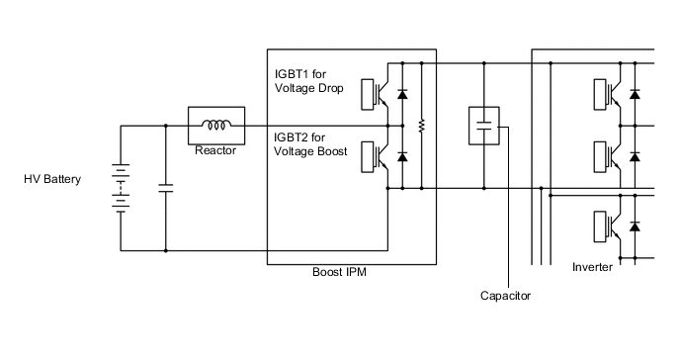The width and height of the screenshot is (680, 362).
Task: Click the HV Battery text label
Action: pyautogui.click(x=52, y=180)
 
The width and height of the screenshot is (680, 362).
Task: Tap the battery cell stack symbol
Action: pyautogui.click(x=121, y=188)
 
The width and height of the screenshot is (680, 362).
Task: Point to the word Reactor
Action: pyautogui.click(x=214, y=150)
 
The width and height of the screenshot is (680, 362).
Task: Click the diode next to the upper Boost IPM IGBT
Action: pyautogui.click(x=402, y=94)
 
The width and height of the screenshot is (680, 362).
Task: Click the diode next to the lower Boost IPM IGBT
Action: pyautogui.click(x=402, y=157)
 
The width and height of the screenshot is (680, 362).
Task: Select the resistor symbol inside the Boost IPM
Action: pyautogui.click(x=422, y=126)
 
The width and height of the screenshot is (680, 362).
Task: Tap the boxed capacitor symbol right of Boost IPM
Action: pyautogui.click(x=484, y=126)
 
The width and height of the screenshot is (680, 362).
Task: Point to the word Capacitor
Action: pyautogui.click(x=505, y=296)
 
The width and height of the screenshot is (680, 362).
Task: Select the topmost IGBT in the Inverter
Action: pyautogui.click(x=611, y=93)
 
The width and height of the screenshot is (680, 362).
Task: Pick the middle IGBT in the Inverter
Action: pyautogui.click(x=611, y=156)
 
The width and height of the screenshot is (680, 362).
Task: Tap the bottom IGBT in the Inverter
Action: pyautogui.click(x=611, y=226)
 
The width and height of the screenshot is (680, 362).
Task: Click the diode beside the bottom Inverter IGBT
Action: pyautogui.click(x=635, y=227)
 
